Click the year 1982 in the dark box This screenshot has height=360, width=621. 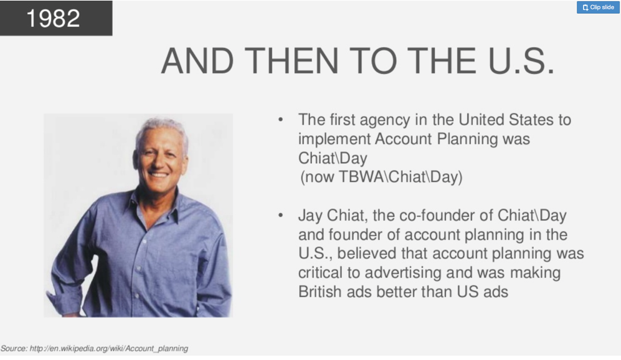pos(53,18)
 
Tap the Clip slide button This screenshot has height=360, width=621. pos(598,7)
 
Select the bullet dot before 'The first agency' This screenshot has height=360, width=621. pos(280,119)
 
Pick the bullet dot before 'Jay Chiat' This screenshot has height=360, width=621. pos(280,215)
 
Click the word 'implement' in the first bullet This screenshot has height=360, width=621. pos(334,140)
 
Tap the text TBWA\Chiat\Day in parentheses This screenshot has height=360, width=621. pos(400,177)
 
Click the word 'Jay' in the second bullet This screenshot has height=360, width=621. pos(310,216)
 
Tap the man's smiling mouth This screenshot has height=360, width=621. pos(158,174)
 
